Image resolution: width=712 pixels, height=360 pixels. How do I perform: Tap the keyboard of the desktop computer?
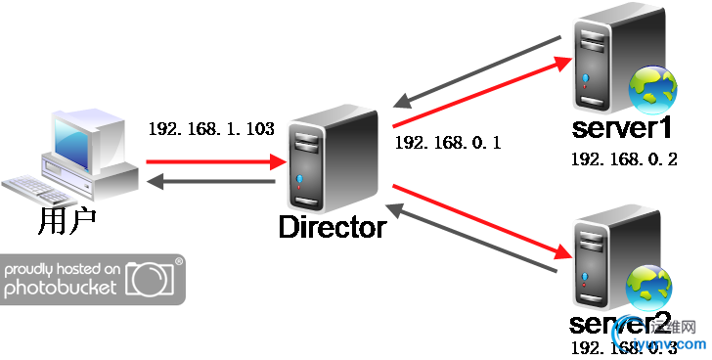click(37, 189)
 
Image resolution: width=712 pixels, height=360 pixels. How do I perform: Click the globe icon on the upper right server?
click(652, 91)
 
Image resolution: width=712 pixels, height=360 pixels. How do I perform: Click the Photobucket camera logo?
click(153, 278)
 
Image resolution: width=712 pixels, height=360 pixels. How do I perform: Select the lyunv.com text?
click(671, 344)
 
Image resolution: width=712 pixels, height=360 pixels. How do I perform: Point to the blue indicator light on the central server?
click(298, 179)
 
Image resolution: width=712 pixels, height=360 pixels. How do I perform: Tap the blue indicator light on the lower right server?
click(585, 271)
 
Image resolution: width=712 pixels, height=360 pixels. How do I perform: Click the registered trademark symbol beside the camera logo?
click(178, 262)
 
